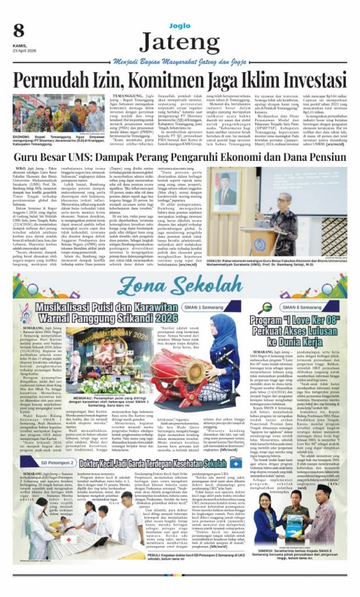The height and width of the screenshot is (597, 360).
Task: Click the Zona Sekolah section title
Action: tap(179, 285)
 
